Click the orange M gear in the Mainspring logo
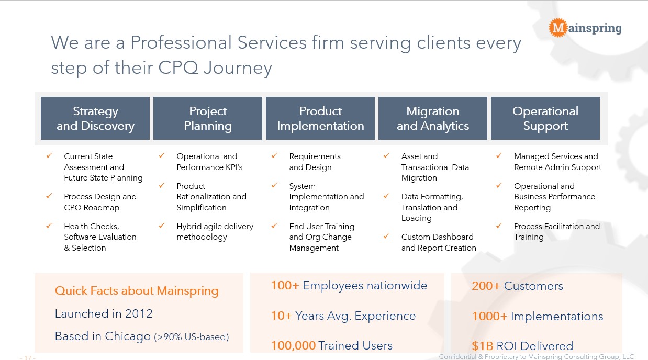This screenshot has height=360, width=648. pyautogui.click(x=558, y=28)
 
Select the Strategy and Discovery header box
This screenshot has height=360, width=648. pyautogui.click(x=95, y=118)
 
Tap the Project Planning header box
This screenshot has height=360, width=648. pyautogui.click(x=208, y=118)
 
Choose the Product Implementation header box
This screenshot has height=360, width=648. pyautogui.click(x=320, y=118)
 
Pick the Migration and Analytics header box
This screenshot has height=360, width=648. pyautogui.click(x=433, y=118)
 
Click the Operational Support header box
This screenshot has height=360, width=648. pyautogui.click(x=545, y=118)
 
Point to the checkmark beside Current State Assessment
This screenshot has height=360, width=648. pyautogui.click(x=49, y=155)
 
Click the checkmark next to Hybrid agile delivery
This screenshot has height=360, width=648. pyautogui.click(x=162, y=226)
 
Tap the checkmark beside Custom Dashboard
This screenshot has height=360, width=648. pyautogui.click(x=386, y=236)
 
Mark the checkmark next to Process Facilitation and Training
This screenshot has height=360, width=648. pyautogui.click(x=499, y=226)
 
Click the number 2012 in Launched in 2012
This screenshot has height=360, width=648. pyautogui.click(x=139, y=314)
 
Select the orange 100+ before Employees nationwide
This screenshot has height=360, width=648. pyautogui.click(x=285, y=285)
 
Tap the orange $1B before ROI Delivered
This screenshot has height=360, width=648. pyautogui.click(x=482, y=346)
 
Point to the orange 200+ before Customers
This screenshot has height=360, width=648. pyautogui.click(x=486, y=286)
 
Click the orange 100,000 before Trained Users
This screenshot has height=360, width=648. pyautogui.click(x=293, y=346)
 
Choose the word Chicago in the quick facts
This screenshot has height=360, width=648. pyautogui.click(x=128, y=336)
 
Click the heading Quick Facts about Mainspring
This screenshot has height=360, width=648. pyautogui.click(x=137, y=291)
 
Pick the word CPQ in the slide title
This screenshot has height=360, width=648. pyautogui.click(x=178, y=67)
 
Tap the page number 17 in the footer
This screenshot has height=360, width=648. pyautogui.click(x=28, y=358)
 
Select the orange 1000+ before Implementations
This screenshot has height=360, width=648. pyautogui.click(x=489, y=317)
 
